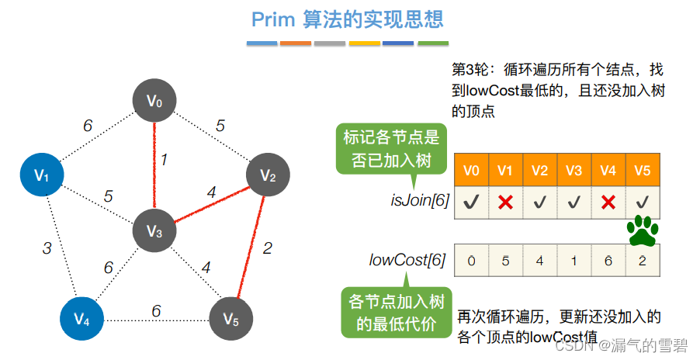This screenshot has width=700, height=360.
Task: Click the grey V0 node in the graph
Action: (154, 101)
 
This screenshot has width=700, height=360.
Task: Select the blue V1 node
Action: (42, 175)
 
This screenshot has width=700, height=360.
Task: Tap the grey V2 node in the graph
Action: (268, 176)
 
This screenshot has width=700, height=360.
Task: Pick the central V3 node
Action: (154, 230)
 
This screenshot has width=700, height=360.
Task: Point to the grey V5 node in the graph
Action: (231, 319)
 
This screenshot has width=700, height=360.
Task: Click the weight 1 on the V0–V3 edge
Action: (165, 160)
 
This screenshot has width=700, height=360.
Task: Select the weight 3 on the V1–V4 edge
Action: (47, 248)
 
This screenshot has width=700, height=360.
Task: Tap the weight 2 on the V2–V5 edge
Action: (268, 248)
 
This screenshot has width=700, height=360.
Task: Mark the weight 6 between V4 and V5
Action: (156, 310)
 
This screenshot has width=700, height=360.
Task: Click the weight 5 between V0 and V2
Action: (220, 125)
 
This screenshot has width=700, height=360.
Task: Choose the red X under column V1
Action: (505, 202)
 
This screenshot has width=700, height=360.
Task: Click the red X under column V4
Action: (608, 202)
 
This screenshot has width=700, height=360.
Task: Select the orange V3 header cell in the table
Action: (574, 170)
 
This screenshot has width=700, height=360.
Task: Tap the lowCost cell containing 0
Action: (471, 261)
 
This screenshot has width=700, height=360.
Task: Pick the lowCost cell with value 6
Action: (608, 261)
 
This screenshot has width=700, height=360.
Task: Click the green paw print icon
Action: (643, 230)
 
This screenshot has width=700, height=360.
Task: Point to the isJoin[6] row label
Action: (419, 201)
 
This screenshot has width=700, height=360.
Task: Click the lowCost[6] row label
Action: (407, 261)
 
